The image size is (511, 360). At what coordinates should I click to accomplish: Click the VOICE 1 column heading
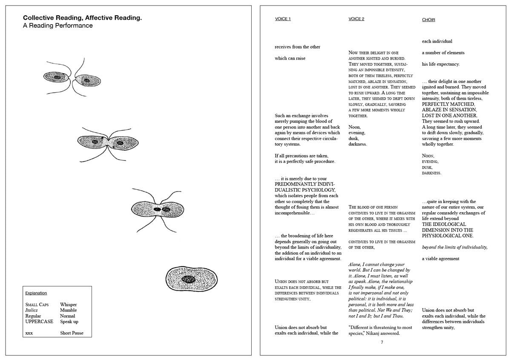(x=283, y=19)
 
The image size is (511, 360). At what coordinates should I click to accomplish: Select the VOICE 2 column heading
(x=356, y=19)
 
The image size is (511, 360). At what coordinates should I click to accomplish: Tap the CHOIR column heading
(x=428, y=20)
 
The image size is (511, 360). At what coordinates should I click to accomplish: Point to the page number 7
(x=382, y=342)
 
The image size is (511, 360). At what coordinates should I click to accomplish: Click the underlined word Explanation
(x=36, y=293)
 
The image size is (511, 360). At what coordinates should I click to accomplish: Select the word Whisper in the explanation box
(x=69, y=305)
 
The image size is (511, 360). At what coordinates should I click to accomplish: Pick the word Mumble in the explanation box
(x=69, y=310)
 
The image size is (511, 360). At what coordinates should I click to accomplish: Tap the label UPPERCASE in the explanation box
(x=39, y=322)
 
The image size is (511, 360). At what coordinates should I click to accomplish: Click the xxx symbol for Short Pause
(x=29, y=333)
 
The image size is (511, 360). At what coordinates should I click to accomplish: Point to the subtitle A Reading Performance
(x=57, y=26)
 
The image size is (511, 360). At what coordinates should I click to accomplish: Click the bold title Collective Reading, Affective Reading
(x=82, y=18)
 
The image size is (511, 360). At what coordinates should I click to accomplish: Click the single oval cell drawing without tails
(x=188, y=279)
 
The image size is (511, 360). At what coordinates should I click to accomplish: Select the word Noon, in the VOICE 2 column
(x=354, y=127)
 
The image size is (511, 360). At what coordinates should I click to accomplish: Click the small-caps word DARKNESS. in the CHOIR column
(x=432, y=173)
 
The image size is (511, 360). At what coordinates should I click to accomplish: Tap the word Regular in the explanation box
(x=33, y=316)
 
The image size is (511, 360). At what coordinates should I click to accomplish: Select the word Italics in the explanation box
(x=32, y=310)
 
